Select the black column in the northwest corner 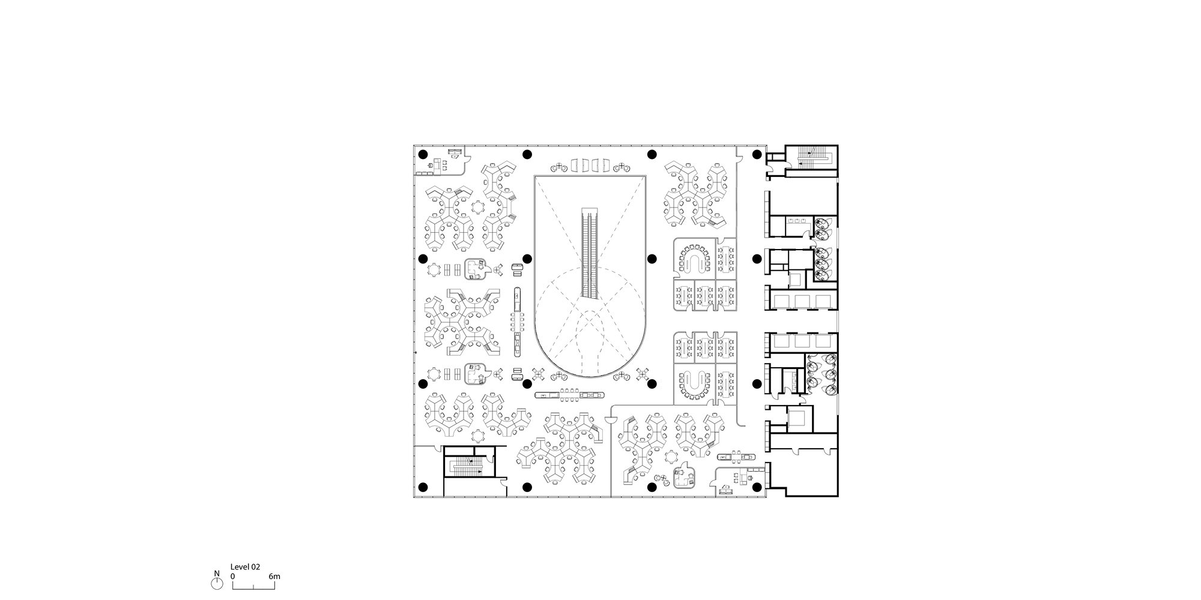click(x=423, y=154)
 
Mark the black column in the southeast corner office click(x=757, y=487)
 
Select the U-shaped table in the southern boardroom click(x=695, y=383)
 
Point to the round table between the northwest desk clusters click(x=478, y=207)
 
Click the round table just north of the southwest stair click(x=478, y=435)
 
